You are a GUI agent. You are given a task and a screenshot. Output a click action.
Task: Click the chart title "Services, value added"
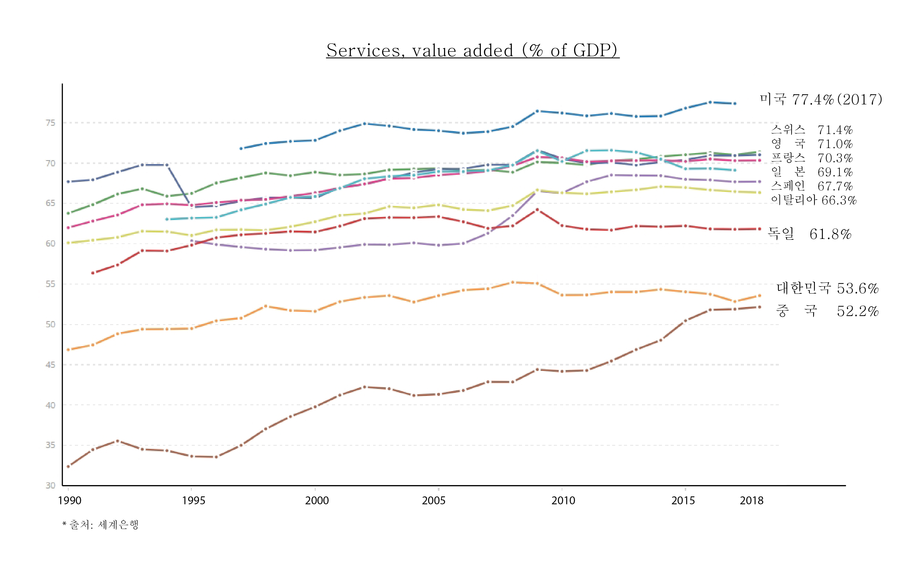472,50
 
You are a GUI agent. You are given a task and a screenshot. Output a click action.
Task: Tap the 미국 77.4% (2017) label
821,99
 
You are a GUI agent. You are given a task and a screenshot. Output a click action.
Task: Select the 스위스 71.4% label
811,130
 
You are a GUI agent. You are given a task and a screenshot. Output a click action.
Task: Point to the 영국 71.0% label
811,144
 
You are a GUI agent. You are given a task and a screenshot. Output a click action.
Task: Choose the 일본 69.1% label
811,172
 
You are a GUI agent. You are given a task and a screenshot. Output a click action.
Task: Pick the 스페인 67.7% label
811,186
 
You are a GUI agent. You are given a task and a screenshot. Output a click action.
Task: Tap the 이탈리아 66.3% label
813,200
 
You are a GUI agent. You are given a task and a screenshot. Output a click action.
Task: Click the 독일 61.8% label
810,234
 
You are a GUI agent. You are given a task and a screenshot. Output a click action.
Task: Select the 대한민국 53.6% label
827,288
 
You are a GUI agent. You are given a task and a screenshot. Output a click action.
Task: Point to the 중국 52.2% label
827,311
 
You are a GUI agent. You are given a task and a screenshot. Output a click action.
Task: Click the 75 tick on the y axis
50,123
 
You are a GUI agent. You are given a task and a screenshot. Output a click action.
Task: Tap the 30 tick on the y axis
50,485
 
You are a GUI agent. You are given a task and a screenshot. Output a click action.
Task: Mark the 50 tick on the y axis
50,324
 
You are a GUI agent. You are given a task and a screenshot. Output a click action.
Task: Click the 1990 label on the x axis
70,501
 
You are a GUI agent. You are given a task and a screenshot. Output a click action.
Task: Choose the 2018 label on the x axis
752,501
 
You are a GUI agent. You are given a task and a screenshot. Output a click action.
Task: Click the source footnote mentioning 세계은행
100,525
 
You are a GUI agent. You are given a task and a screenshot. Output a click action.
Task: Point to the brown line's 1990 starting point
68,466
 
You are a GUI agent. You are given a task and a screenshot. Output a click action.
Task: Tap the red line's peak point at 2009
537,210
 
